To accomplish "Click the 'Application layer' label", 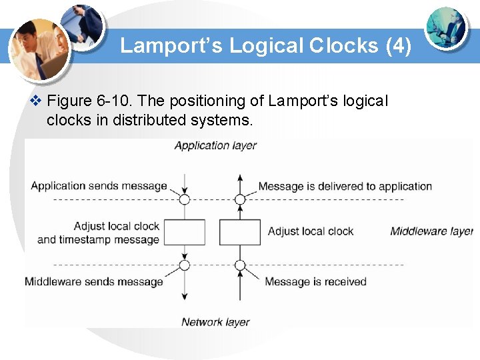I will (215, 145).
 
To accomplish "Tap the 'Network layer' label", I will (215, 322).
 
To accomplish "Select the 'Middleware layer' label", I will (431, 231).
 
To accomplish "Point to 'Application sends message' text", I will (99, 185).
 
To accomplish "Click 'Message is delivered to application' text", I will (345, 186).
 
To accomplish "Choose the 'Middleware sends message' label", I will (94, 281).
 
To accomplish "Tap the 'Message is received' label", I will (315, 281).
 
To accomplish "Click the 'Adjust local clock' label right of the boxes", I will (310, 231).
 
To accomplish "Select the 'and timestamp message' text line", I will (99, 239).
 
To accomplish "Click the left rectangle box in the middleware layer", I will (184, 232).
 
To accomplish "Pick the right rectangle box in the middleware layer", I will (240, 232).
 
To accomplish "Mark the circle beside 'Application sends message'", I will (185, 199).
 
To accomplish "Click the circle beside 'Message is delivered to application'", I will (240, 199).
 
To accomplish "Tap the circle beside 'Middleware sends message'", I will (185, 265).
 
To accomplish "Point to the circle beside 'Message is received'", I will (240, 265).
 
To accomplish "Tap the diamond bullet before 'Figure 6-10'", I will (36, 101).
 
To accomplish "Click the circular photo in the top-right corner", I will (447, 28).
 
